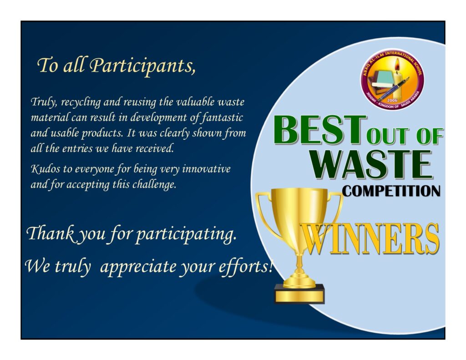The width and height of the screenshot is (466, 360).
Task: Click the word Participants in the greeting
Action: pos(142,66)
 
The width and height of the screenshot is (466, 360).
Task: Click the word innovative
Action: pos(206,169)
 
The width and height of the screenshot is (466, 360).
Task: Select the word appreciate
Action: pos(138,267)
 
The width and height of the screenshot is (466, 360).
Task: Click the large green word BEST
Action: pos(320,130)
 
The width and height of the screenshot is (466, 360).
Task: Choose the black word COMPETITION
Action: pos(391,191)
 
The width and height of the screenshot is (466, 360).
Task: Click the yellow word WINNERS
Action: pos(370,239)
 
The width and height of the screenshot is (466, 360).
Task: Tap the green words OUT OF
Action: pos(405,137)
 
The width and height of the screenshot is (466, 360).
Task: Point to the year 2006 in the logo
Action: pos(392,100)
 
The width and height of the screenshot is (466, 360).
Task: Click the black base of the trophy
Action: pos(299,294)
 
